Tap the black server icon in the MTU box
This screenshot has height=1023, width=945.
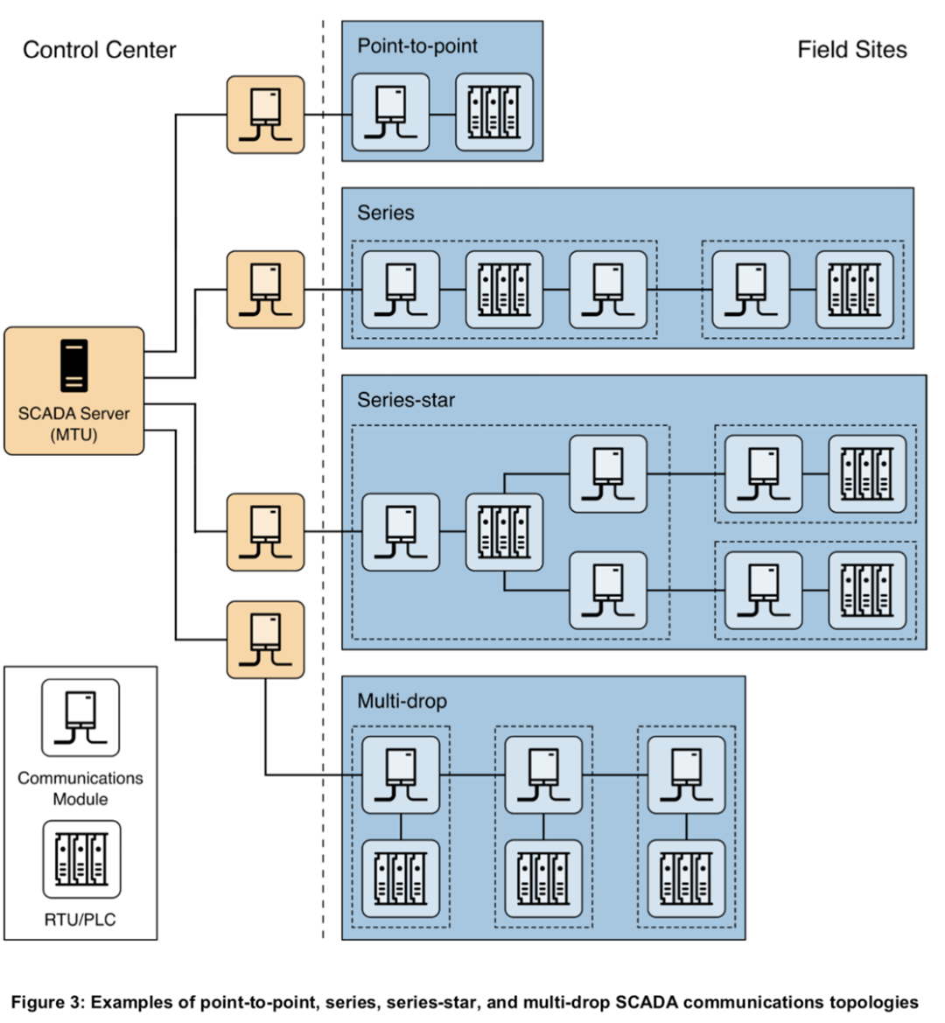tap(74, 366)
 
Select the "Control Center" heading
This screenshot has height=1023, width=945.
tap(99, 50)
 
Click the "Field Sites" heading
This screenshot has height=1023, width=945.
tap(851, 50)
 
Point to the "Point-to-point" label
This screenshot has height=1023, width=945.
tap(417, 46)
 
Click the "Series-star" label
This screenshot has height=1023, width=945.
tap(406, 400)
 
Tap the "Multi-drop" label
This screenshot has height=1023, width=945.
tap(402, 700)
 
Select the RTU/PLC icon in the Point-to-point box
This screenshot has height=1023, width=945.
tap(494, 112)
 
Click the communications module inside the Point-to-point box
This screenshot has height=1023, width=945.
tap(390, 112)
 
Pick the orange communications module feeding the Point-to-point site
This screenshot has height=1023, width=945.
tap(265, 115)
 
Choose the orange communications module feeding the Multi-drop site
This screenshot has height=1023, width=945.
tap(265, 640)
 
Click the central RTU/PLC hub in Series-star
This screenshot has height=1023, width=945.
tap(504, 532)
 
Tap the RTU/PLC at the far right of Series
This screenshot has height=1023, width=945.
tap(855, 290)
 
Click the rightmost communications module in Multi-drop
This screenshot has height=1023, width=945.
tap(686, 774)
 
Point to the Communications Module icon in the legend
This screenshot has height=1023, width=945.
tap(80, 718)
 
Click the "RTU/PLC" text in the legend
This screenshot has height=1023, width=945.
tap(80, 920)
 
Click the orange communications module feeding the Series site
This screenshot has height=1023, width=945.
tap(265, 290)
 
